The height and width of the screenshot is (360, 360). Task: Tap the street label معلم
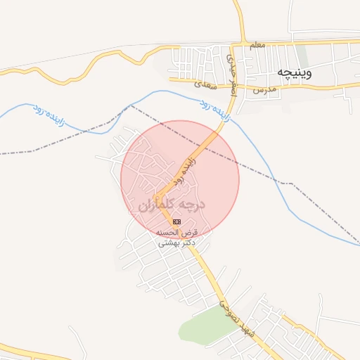point(257,45)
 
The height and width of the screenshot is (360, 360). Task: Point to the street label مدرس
point(262,91)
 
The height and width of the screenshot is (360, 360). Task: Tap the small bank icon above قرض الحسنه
point(176,221)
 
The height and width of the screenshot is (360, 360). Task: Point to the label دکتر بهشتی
point(174,243)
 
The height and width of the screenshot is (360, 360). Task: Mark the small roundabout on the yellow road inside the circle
point(159,198)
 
